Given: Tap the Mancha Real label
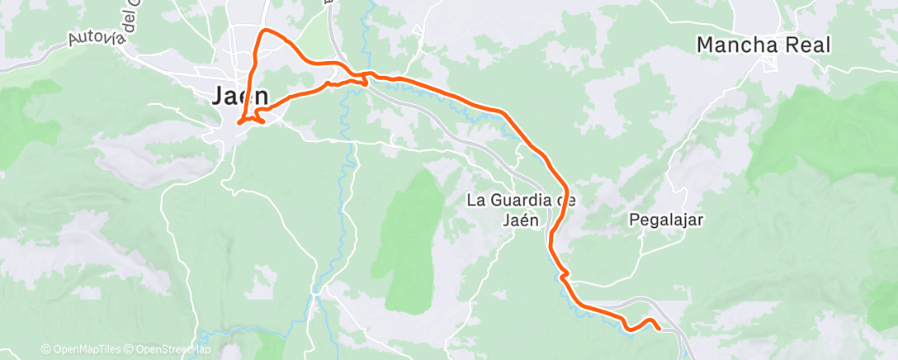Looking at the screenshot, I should [763, 45].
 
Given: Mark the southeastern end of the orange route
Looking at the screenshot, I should [659, 328].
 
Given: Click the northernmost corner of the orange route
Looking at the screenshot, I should [264, 31].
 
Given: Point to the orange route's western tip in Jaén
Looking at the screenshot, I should [239, 123].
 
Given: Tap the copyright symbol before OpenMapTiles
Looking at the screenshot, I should [46, 349].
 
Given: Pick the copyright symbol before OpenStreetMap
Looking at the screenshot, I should [130, 349].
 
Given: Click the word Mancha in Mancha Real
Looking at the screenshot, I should [737, 45].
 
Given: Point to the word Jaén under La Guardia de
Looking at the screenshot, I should [520, 220].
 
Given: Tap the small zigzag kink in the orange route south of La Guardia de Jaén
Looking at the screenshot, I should [564, 273].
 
